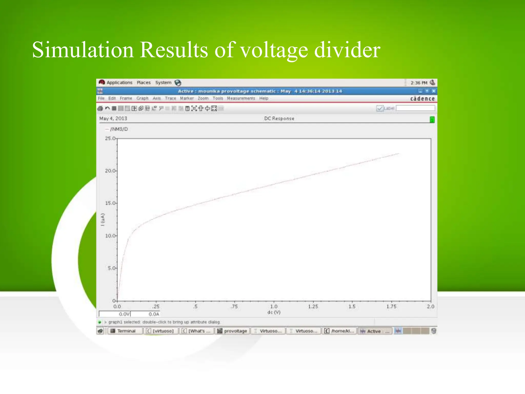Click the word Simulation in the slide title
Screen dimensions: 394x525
point(83,50)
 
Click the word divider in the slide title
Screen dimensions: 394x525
point(347,50)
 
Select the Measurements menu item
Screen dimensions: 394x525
point(241,98)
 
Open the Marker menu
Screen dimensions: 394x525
point(187,98)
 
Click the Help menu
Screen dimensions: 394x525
point(264,98)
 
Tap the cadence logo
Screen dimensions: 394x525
point(422,98)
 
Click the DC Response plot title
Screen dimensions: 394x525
point(279,119)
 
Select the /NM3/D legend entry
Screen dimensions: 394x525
point(119,129)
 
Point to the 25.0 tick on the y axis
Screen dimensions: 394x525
point(110,139)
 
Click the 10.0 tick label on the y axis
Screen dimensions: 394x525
point(110,236)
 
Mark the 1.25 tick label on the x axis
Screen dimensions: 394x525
point(313,307)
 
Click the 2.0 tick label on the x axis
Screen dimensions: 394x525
point(430,307)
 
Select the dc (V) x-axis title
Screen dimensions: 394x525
point(274,312)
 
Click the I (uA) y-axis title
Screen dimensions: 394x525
point(103,220)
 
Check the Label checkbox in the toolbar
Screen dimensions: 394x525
point(380,109)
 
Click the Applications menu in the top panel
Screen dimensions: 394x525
point(119,83)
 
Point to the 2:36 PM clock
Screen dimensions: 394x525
point(419,83)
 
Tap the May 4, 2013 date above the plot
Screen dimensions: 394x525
point(113,119)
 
